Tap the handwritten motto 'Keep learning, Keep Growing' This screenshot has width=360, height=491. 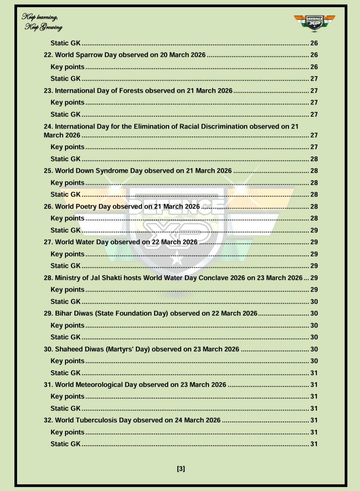tap(42, 22)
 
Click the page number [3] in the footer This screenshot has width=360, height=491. tap(181, 469)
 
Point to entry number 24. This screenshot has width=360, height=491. tap(48, 127)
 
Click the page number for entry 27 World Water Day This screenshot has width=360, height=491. tap(314, 242)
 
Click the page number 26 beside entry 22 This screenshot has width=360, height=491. tap(314, 55)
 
